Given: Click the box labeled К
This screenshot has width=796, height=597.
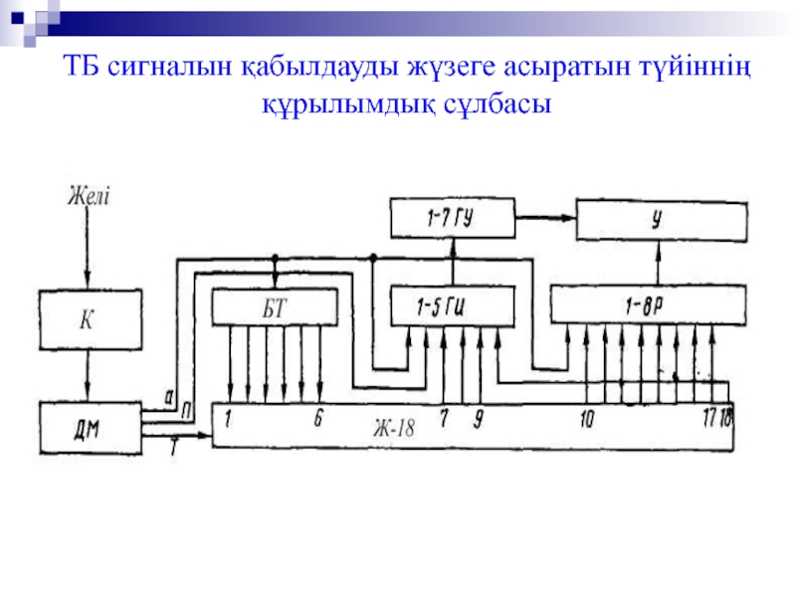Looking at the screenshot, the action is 88,320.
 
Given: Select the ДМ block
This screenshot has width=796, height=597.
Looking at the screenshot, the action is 88,429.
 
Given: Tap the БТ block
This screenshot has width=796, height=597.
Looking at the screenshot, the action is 274,305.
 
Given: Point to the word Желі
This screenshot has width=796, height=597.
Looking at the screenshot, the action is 89,195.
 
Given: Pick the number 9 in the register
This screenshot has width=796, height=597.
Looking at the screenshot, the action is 479,420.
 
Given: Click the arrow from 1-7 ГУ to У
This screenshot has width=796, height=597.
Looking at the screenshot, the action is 546,214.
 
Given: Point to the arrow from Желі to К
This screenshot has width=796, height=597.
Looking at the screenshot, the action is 88,249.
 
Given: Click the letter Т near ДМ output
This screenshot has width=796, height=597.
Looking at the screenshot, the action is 173,450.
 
